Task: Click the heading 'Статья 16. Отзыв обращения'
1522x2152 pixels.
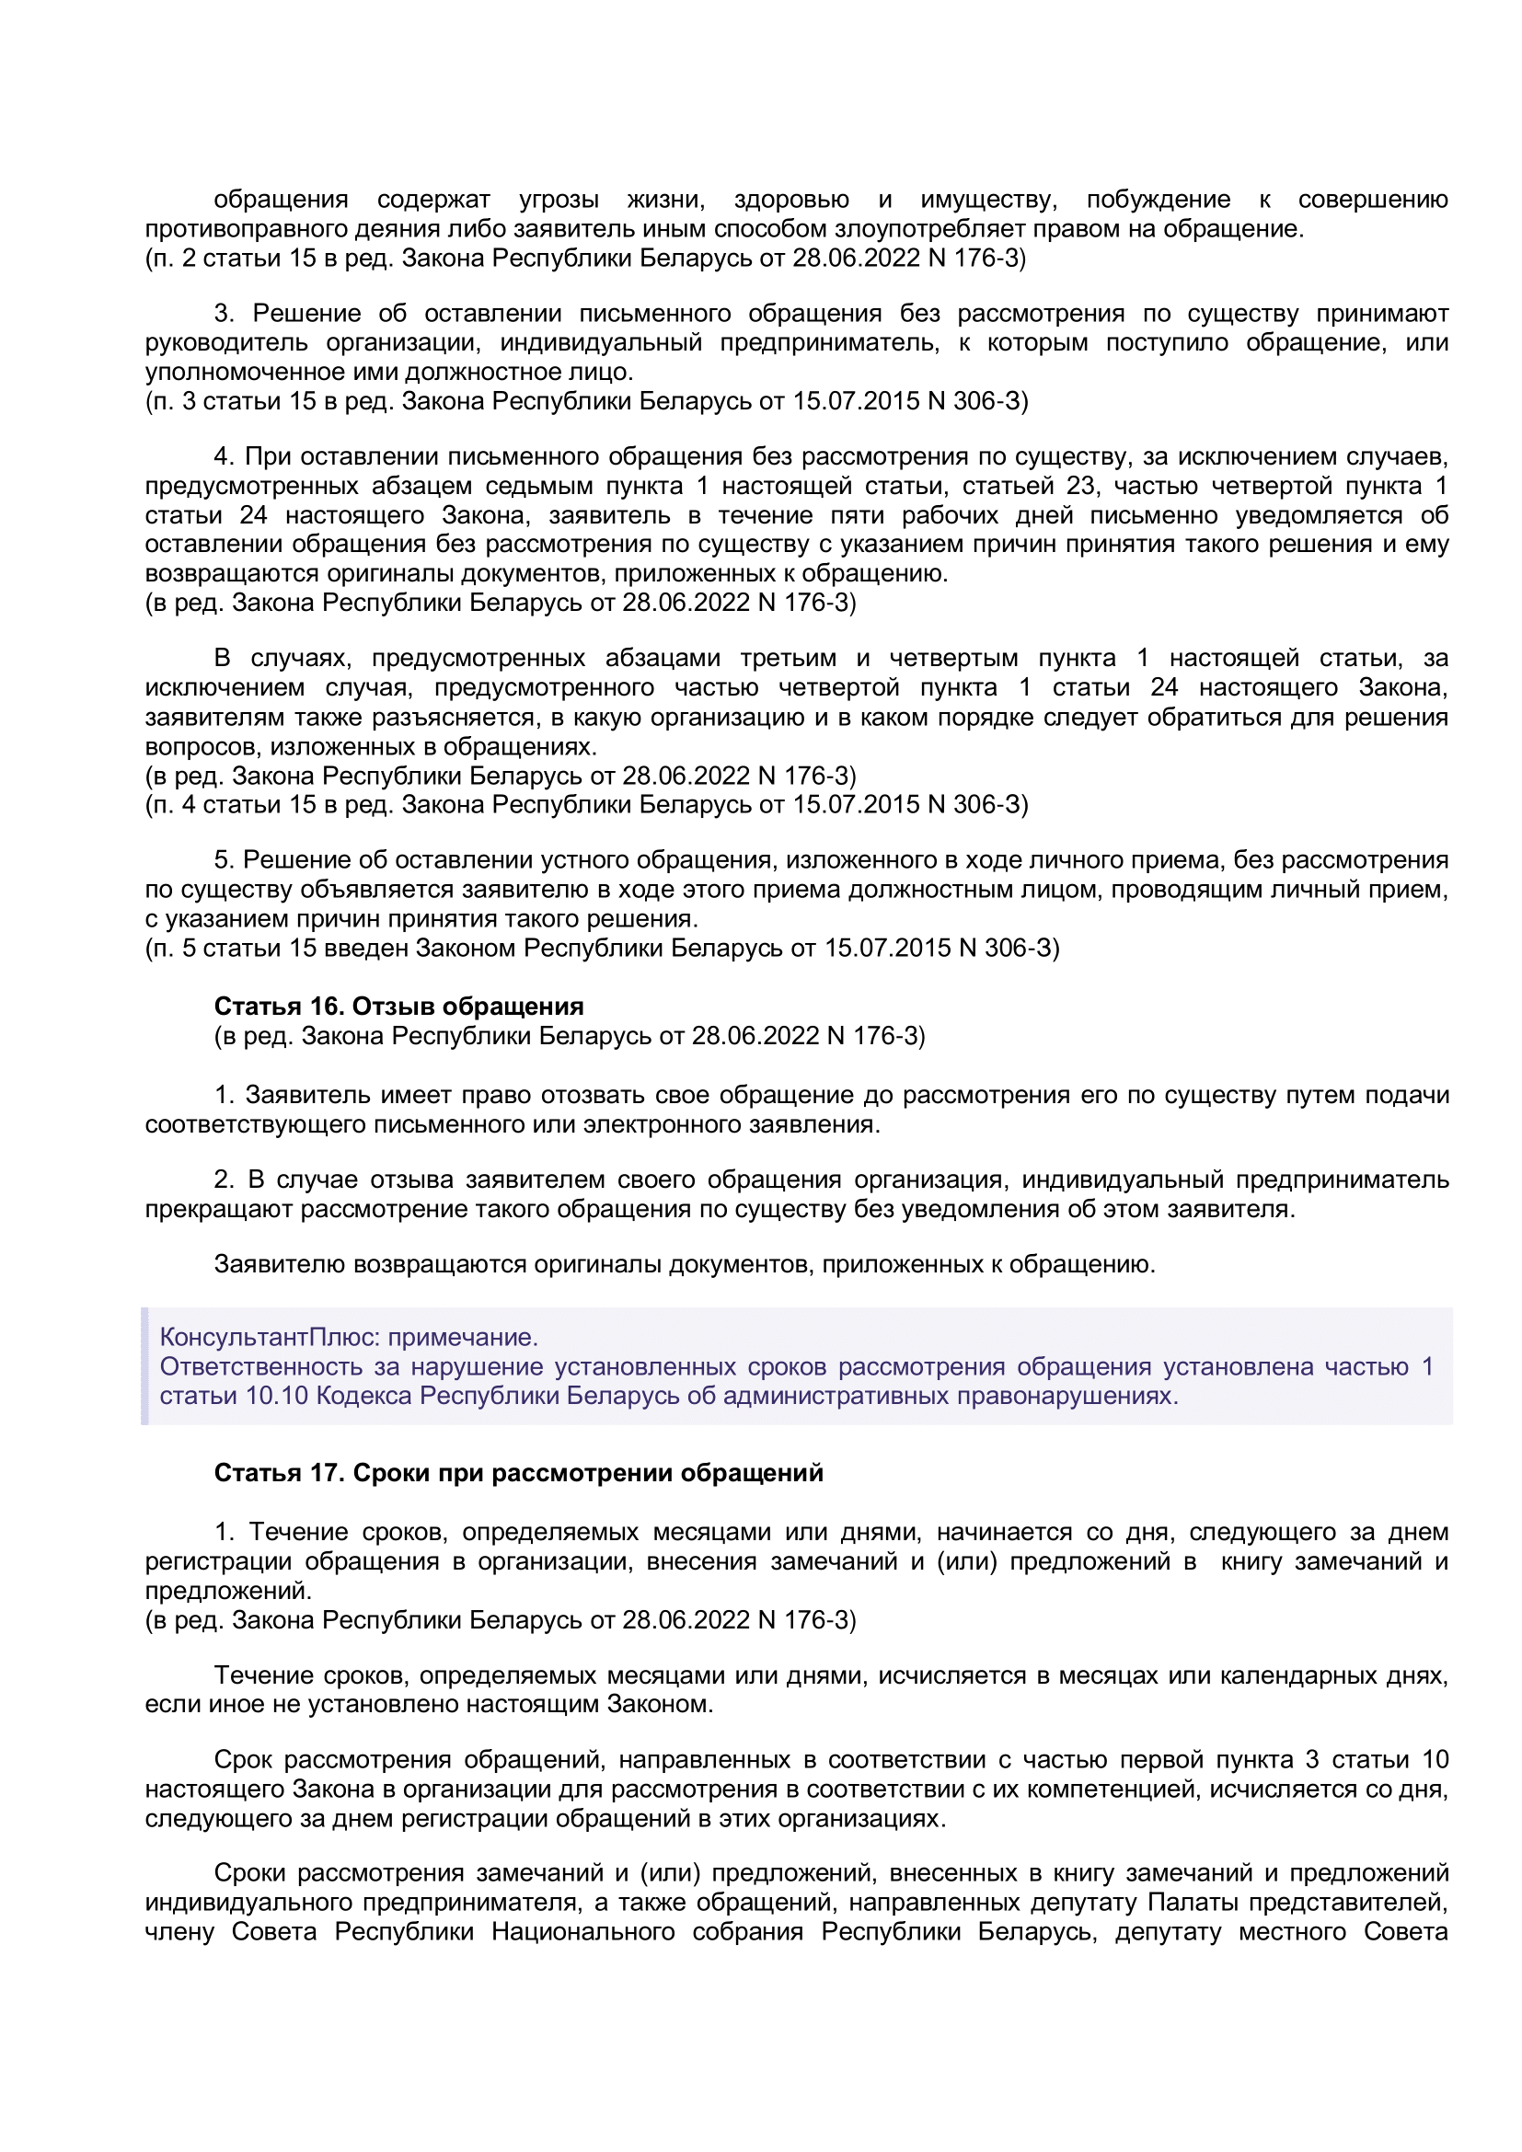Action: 398,1007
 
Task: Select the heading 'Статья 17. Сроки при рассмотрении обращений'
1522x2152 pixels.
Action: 518,1473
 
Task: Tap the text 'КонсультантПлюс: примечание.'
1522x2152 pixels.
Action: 349,1337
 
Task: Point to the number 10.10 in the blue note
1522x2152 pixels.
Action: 276,1396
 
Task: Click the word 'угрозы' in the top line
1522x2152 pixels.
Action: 559,200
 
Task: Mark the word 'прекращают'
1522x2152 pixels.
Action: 218,1209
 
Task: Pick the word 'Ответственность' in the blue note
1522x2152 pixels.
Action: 261,1366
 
